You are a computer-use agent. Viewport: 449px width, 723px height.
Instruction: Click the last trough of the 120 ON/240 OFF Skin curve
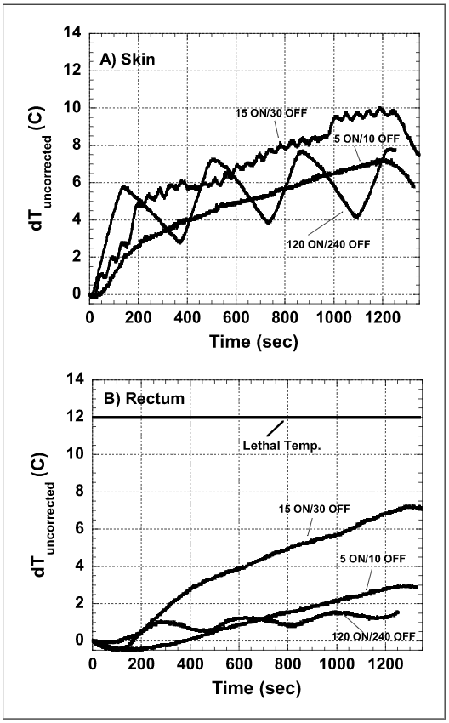click(358, 216)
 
